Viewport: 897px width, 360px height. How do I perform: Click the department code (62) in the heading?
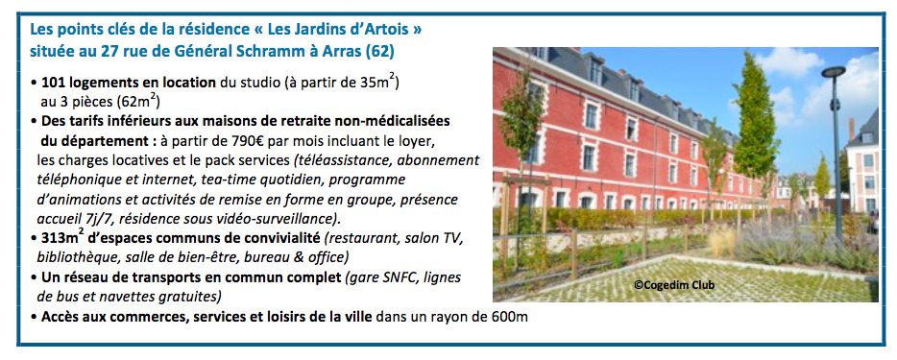(381, 52)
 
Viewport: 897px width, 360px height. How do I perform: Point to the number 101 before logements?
(52, 82)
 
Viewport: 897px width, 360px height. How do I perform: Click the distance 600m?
(509, 317)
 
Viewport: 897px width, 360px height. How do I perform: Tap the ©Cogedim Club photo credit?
(674, 285)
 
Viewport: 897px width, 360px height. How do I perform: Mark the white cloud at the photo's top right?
(788, 60)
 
